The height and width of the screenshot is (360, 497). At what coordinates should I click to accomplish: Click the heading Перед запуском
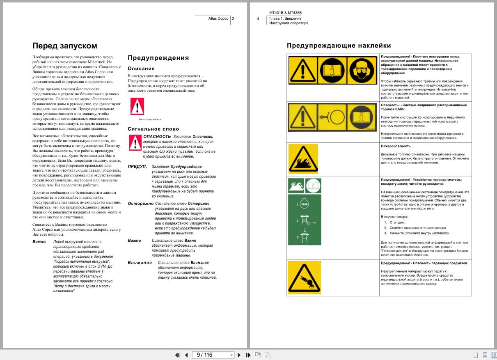coord(64,46)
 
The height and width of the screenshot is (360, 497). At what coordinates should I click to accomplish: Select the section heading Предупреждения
coord(158,58)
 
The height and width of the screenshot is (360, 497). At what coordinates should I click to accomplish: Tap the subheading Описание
coord(141,69)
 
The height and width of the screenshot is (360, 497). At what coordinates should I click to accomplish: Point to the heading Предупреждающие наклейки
coord(339,46)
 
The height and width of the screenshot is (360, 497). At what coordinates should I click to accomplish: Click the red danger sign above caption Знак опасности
coord(137,106)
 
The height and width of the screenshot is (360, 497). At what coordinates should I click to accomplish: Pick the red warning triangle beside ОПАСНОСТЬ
coord(135,142)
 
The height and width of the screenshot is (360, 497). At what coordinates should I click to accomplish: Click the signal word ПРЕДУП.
coord(137,167)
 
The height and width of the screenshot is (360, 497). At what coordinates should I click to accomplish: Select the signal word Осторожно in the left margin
coord(140,204)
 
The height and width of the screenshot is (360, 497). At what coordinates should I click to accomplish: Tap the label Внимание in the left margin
coord(140,263)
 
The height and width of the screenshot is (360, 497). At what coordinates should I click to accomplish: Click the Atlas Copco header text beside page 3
coord(218,18)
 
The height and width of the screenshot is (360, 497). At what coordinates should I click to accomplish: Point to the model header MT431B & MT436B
coord(285,13)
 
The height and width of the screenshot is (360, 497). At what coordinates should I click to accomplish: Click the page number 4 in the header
coord(258,19)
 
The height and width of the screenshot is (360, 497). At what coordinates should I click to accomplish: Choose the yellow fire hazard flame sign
coord(303,158)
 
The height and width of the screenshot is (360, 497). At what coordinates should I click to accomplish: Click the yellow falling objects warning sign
coord(304,277)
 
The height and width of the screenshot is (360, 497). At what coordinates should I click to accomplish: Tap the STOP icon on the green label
coord(304,204)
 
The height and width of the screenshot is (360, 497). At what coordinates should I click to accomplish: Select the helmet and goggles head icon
coord(361,70)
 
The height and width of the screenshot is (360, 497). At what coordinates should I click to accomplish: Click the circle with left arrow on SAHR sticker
coord(332,117)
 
